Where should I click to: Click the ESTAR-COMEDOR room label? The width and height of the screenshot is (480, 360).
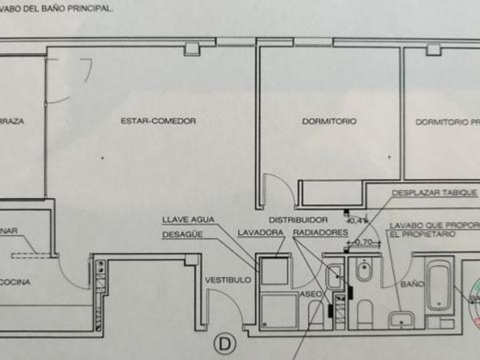point(158,121)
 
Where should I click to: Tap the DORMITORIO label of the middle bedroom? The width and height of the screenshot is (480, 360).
point(329,121)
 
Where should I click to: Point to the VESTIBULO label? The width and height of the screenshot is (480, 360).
point(228,280)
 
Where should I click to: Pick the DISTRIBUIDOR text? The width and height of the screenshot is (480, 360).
point(298,219)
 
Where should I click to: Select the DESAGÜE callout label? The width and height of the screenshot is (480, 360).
point(182,234)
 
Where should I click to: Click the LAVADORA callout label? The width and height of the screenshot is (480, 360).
point(260,233)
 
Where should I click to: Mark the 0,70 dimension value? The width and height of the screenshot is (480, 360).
point(364,242)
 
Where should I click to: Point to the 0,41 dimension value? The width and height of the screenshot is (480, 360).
point(358,220)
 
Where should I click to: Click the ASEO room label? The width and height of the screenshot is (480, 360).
point(309,293)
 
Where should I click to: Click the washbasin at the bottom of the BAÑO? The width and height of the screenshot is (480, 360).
point(403,320)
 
